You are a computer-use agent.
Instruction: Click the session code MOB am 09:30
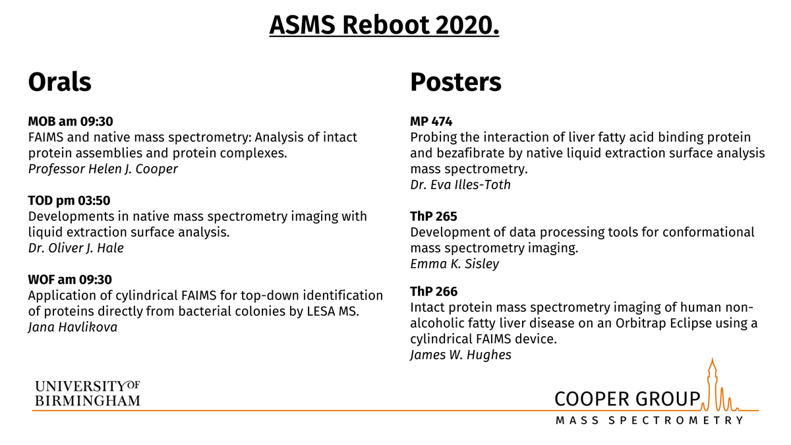point(71,121)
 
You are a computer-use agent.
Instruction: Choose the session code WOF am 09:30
point(71,280)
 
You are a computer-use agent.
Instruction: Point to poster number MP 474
point(431,121)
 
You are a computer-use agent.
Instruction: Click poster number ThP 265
point(434,216)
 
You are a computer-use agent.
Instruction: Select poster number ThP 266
point(434,291)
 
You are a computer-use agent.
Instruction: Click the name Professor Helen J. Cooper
point(102,169)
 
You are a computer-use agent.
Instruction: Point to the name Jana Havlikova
point(73,327)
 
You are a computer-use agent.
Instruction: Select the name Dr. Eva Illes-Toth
point(460,185)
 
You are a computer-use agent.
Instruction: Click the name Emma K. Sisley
point(455,264)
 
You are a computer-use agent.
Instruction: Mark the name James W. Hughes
point(461,355)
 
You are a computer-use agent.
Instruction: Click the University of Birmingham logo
point(87,393)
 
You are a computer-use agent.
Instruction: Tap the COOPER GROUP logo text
point(627,398)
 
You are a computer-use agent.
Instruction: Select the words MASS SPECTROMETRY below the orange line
point(649,421)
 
